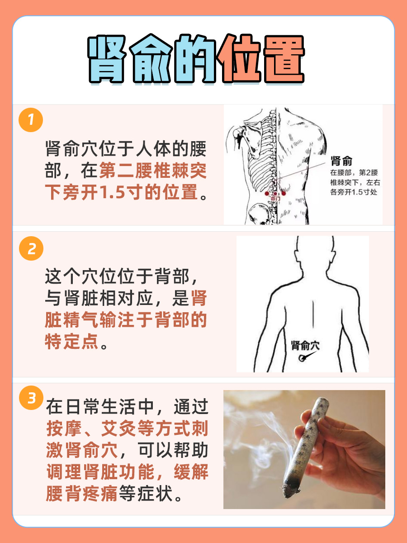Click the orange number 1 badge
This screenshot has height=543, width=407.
pyautogui.click(x=31, y=121)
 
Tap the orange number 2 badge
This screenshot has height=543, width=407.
pyautogui.click(x=31, y=249)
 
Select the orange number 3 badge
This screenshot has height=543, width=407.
pyautogui.click(x=31, y=399)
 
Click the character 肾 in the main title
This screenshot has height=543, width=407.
pyautogui.click(x=107, y=59)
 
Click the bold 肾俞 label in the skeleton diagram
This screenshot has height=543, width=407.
pyautogui.click(x=342, y=161)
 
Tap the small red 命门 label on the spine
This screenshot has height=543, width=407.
pyautogui.click(x=275, y=198)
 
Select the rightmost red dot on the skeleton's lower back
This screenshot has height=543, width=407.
pyautogui.click(x=284, y=194)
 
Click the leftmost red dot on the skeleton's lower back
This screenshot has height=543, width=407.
pyautogui.click(x=267, y=194)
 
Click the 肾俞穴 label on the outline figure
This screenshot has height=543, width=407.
pyautogui.click(x=305, y=346)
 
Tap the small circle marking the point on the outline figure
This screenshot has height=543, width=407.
pyautogui.click(x=302, y=359)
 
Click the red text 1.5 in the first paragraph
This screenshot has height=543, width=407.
pyautogui.click(x=110, y=193)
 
